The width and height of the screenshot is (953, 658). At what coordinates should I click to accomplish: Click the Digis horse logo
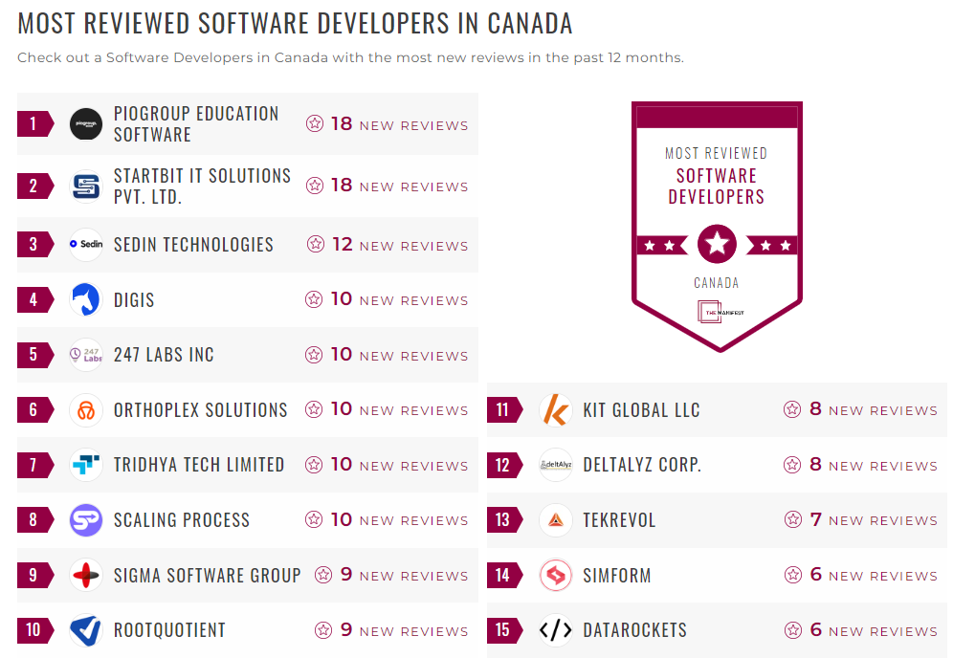click(x=86, y=300)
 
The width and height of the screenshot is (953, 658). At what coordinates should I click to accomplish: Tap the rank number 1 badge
click(x=34, y=123)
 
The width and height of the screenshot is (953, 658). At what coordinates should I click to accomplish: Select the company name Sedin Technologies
click(x=193, y=245)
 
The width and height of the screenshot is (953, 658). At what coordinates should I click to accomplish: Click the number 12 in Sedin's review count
click(x=342, y=245)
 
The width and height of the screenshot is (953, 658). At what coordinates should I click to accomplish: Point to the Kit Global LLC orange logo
click(x=555, y=410)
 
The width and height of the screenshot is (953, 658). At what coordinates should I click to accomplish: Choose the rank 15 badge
click(x=503, y=630)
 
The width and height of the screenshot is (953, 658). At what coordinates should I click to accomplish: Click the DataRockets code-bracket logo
click(x=555, y=630)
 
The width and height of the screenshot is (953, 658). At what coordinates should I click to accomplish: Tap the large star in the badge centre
click(x=717, y=245)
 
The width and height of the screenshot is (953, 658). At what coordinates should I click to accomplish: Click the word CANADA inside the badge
click(x=717, y=283)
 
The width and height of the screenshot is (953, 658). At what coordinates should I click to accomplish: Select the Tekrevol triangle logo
click(x=555, y=520)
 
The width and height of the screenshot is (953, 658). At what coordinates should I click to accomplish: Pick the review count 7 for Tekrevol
click(x=816, y=520)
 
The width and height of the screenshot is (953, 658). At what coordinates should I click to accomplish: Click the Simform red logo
click(x=555, y=576)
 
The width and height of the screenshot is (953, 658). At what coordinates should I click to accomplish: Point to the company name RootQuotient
click(x=169, y=630)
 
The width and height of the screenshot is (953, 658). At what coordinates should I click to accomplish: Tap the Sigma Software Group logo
click(x=86, y=576)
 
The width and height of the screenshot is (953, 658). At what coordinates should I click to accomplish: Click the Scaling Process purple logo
click(x=86, y=520)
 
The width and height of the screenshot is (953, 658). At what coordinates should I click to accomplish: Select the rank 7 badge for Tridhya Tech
click(x=34, y=466)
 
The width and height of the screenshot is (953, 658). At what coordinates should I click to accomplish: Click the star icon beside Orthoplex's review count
click(x=314, y=410)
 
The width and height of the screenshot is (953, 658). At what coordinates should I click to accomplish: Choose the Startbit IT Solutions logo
click(x=86, y=186)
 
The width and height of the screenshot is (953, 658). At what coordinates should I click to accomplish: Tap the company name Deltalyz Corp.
click(x=642, y=466)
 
